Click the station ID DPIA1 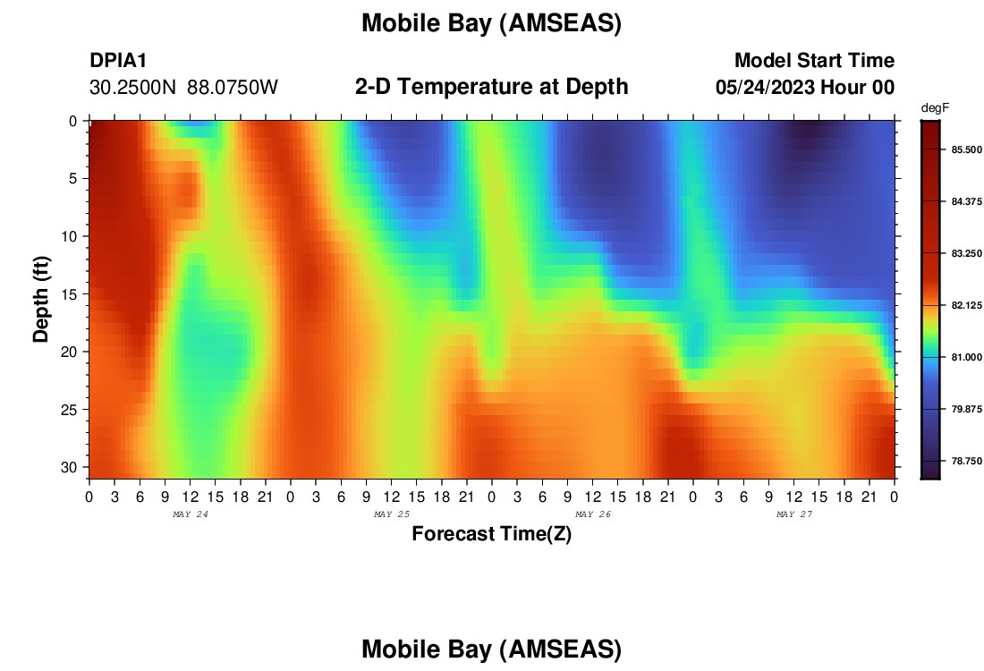pos(118,60)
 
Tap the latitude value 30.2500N pos(132,88)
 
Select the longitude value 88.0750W pos(233,88)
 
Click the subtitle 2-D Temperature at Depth pos(491,87)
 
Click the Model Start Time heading pos(815,60)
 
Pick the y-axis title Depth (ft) pos(41,299)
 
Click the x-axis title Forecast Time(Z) pos(491,533)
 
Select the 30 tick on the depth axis pos(70,468)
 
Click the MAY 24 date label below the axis pos(191,514)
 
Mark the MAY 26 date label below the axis pos(593,514)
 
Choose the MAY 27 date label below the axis pos(794,514)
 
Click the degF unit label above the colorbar pos(935,108)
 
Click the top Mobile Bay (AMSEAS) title pos(491,23)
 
